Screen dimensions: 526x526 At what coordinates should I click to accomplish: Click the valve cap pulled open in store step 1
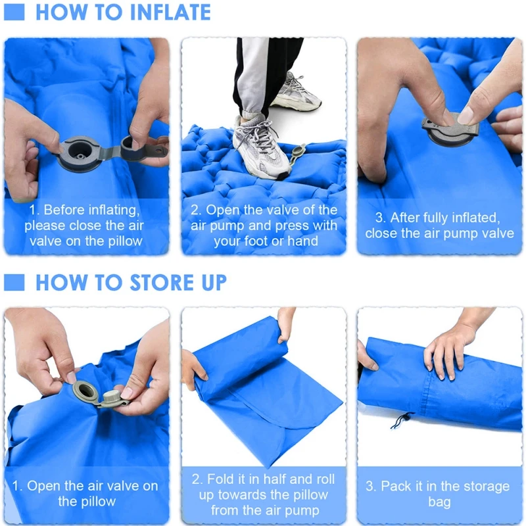114,398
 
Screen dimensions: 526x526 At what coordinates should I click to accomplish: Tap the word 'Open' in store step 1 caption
47,487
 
